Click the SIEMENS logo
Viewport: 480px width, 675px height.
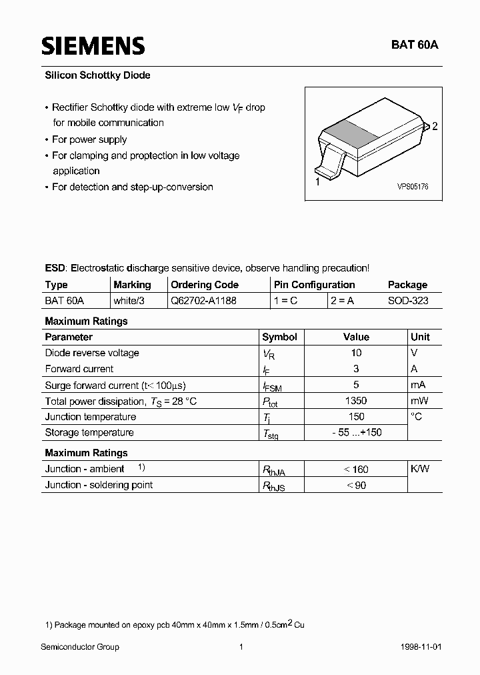93,45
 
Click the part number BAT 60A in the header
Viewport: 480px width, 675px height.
415,45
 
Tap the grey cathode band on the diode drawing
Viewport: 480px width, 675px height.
353,132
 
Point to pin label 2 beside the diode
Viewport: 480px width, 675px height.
435,126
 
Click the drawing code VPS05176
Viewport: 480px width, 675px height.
413,187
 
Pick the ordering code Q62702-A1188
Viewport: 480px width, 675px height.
203,301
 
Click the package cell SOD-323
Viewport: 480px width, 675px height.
408,301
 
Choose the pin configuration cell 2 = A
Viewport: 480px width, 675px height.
342,301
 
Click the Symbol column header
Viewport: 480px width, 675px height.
279,337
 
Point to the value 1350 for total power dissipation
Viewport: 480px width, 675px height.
356,401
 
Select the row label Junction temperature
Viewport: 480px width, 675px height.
90,417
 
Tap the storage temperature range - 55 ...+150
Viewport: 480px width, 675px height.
356,433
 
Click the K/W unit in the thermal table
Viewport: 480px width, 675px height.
420,469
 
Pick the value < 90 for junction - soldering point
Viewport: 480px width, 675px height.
356,485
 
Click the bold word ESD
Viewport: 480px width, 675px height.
55,268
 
